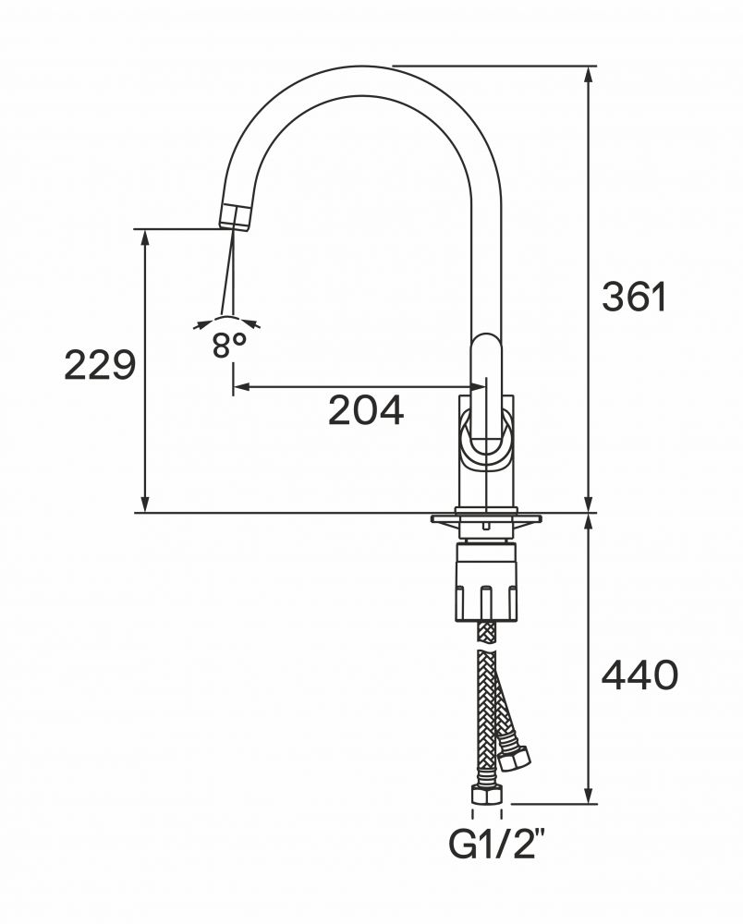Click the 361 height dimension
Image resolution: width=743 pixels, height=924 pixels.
(x=634, y=297)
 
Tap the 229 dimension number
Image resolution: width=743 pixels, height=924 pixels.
(x=100, y=365)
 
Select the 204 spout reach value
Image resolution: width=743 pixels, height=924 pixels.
(x=366, y=410)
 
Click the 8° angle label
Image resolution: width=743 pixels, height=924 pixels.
(x=228, y=345)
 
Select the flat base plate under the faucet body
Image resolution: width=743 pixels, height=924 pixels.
(x=486, y=518)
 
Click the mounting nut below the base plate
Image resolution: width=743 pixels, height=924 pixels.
(x=486, y=581)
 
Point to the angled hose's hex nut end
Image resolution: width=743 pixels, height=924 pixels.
(x=514, y=759)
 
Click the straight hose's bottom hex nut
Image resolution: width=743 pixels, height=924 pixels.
(x=487, y=796)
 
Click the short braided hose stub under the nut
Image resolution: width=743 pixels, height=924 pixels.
(x=486, y=634)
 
